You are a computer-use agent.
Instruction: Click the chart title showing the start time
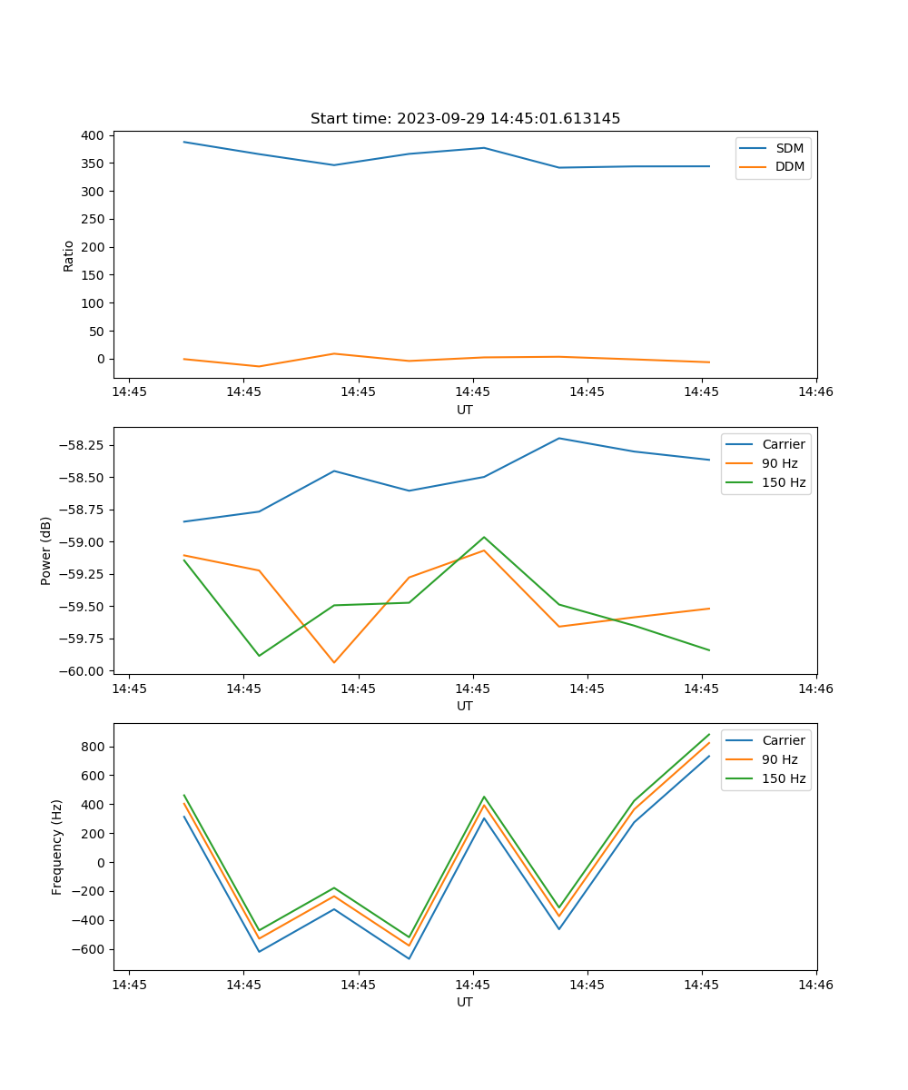(x=465, y=119)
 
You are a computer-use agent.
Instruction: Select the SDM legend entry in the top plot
(x=789, y=148)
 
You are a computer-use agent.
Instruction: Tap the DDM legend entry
(x=789, y=166)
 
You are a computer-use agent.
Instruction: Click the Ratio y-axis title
(x=69, y=256)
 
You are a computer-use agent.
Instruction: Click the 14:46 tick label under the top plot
(x=815, y=392)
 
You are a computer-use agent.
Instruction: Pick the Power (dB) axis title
(x=46, y=550)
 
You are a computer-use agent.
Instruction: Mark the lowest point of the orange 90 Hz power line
(x=334, y=662)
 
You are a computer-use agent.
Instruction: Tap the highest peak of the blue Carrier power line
(x=559, y=438)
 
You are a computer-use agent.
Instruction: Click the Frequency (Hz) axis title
(x=57, y=847)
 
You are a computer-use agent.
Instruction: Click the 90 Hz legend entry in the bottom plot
(x=780, y=759)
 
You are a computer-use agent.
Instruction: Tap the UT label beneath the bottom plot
(x=465, y=1002)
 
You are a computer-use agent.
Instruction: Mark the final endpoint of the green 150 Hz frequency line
(x=709, y=734)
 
